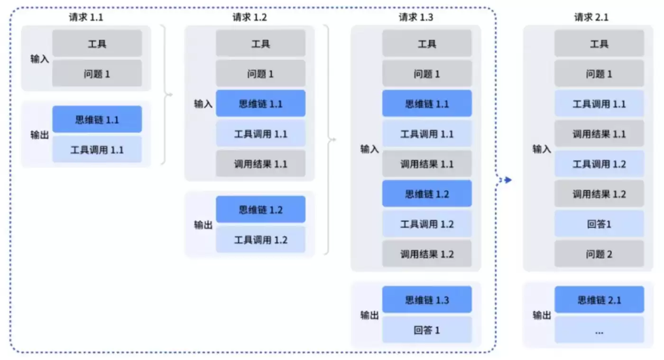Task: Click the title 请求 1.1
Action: (86, 18)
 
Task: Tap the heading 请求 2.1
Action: (591, 18)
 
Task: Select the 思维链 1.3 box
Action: (427, 300)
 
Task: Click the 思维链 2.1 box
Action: (599, 300)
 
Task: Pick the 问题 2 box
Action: (599, 254)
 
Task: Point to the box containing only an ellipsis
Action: (599, 330)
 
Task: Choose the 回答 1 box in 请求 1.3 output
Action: (427, 330)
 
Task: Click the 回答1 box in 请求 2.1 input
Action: (599, 224)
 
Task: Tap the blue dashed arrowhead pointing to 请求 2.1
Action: (508, 180)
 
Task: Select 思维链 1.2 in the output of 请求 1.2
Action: (260, 210)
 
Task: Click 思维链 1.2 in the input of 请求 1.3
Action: (427, 194)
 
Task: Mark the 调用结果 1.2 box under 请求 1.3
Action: (427, 254)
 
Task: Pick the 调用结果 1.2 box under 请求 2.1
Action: (599, 194)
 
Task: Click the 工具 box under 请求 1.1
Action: (97, 44)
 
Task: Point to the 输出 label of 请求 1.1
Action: (40, 135)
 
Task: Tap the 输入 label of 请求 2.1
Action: (542, 149)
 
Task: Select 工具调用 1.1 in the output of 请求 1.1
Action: (97, 150)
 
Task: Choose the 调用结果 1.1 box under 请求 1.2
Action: (260, 164)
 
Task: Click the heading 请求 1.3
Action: (416, 18)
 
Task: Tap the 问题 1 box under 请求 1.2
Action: (260, 74)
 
